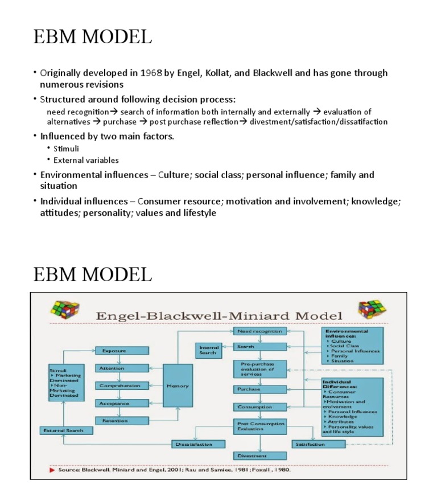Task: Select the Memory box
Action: [x=178, y=385]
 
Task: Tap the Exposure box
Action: [x=121, y=351]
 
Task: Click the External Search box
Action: [x=63, y=430]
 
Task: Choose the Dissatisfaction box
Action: [x=193, y=443]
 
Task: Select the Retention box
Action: [x=121, y=421]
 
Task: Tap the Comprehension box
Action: [x=121, y=385]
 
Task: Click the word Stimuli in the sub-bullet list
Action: [x=66, y=149]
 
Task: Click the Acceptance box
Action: [x=121, y=403]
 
